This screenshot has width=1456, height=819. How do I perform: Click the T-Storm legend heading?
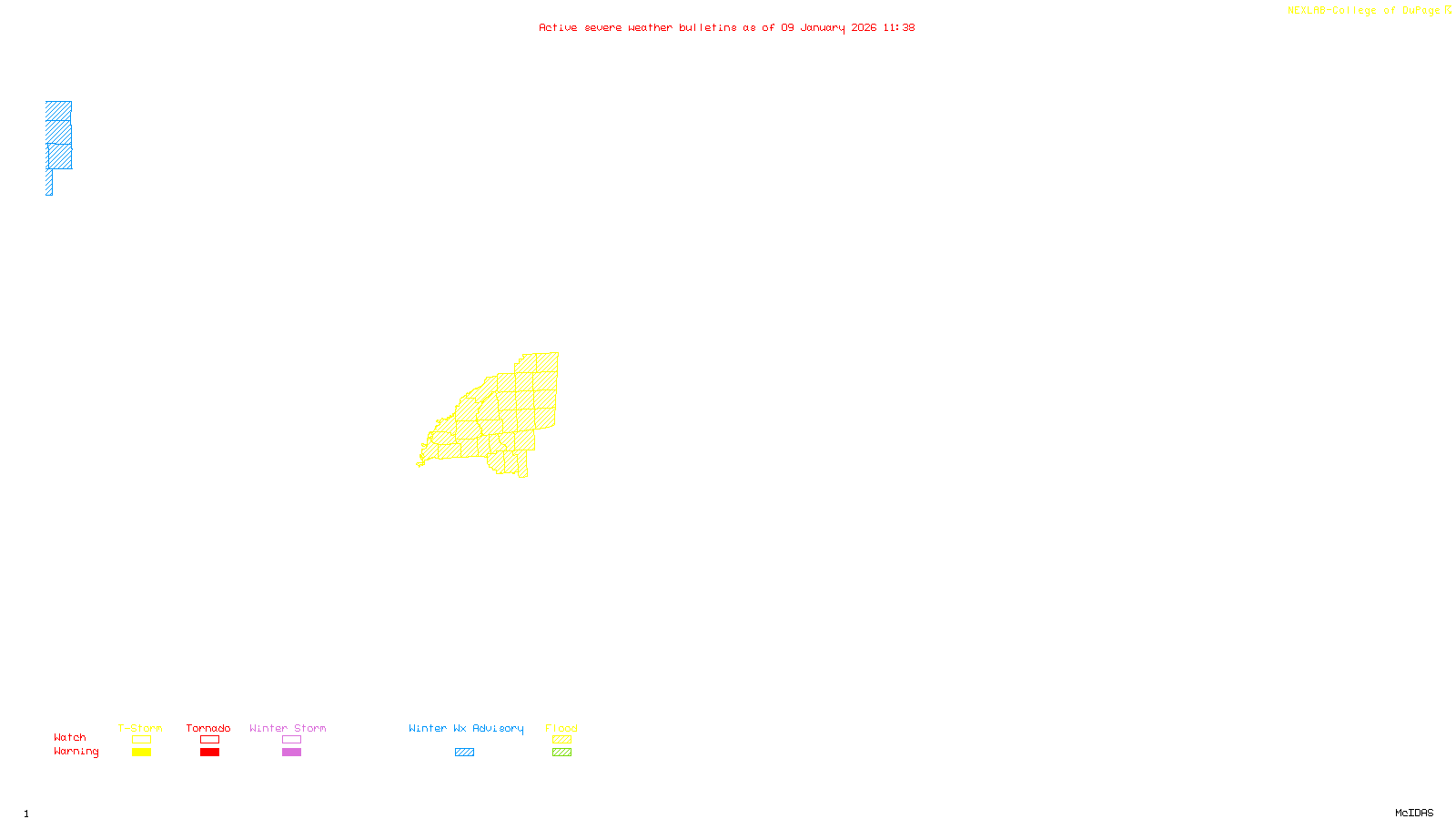pos(140,728)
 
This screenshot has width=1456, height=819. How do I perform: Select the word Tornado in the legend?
pos(208,728)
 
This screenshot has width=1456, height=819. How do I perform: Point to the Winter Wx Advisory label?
pos(466,728)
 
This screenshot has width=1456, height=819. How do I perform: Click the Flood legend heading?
pos(561,728)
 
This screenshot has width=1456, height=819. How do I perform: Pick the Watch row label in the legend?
pos(70,737)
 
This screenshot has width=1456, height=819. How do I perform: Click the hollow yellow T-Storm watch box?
pos(141,740)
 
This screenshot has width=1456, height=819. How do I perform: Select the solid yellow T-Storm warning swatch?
pos(141,753)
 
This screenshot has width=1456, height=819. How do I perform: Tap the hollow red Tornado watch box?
pos(209,740)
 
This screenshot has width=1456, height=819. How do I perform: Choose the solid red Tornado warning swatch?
pos(209,753)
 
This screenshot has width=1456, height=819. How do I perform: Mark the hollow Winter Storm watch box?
pos(291,740)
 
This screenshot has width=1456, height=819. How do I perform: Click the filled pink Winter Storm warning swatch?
pos(291,753)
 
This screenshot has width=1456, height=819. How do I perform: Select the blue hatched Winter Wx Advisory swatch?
pos(464,753)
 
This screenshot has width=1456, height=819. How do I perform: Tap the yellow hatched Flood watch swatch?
pos(561,740)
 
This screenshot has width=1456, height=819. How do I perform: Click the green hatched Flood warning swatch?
pos(561,753)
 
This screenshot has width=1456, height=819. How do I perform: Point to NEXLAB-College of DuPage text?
pos(1364,11)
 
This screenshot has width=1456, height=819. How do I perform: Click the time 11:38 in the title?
pos(898,27)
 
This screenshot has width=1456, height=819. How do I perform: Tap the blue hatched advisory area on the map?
pos(59,136)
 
